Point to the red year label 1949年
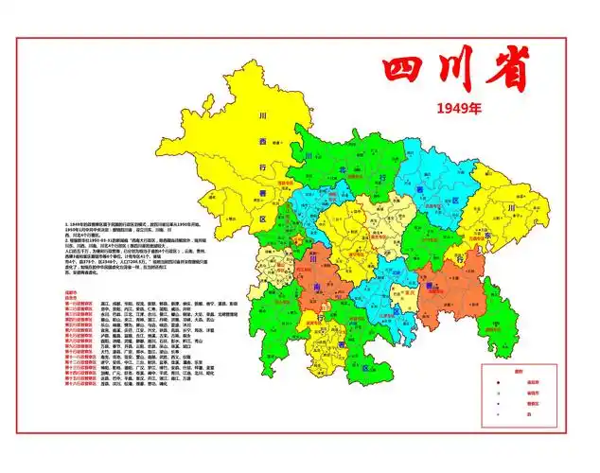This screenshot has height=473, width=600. click(x=459, y=109)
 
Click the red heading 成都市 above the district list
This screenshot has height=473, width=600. click(x=70, y=292)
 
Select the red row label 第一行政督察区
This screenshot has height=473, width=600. click(x=78, y=303)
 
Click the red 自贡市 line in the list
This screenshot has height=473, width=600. click(x=70, y=297)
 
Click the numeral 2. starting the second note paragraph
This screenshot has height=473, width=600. click(x=66, y=240)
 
